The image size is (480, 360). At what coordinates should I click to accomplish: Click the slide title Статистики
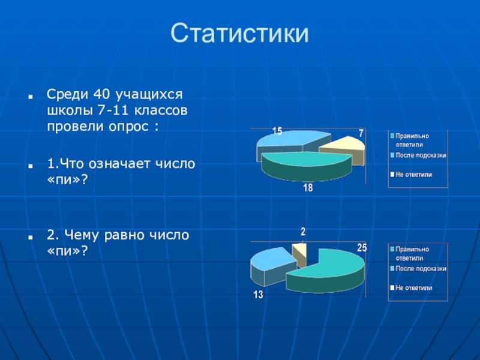tap(239, 33)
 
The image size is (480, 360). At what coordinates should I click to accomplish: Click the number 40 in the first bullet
tap(101, 94)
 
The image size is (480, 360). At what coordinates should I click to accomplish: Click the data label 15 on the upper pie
tap(277, 131)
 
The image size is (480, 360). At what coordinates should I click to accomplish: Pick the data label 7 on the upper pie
tap(361, 133)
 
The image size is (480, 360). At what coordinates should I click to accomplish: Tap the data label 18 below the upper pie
tap(308, 188)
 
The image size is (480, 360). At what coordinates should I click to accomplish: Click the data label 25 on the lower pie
tap(362, 247)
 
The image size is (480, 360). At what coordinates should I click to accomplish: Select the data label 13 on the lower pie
tap(258, 295)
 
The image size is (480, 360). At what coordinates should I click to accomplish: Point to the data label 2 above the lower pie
tap(303, 232)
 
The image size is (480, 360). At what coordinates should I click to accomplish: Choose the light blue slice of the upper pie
tap(291, 139)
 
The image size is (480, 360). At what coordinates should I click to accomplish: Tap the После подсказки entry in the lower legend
tap(418, 269)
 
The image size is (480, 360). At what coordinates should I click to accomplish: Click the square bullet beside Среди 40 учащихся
tap(31, 97)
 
